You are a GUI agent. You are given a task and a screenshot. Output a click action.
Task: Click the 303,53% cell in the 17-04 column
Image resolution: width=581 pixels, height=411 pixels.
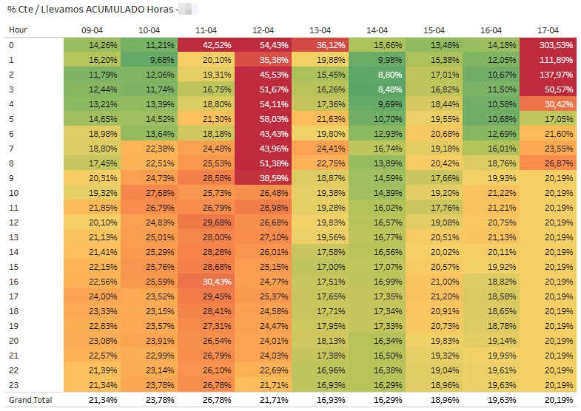pyautogui.click(x=548, y=45)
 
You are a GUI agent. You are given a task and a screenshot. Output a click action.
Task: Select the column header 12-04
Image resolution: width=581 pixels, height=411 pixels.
pyautogui.click(x=263, y=30)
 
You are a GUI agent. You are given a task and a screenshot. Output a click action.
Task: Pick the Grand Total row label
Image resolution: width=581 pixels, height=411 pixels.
pyautogui.click(x=30, y=399)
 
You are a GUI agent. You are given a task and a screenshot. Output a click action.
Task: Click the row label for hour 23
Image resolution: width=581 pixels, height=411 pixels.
pyautogui.click(x=13, y=385)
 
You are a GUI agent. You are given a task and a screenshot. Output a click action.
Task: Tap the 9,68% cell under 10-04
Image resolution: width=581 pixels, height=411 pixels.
pyautogui.click(x=149, y=60)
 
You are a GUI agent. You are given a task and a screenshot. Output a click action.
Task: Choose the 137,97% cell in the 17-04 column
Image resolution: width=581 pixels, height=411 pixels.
pyautogui.click(x=548, y=75)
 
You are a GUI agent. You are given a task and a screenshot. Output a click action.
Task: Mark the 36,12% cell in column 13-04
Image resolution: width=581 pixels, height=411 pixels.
pyautogui.click(x=320, y=45)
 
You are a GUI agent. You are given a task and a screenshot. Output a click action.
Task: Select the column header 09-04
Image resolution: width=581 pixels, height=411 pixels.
pyautogui.click(x=92, y=30)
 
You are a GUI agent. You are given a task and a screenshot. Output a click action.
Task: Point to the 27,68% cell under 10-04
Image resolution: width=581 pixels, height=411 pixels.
pyautogui.click(x=149, y=193)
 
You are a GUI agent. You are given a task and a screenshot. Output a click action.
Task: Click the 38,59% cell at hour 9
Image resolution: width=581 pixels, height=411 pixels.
pyautogui.click(x=263, y=178)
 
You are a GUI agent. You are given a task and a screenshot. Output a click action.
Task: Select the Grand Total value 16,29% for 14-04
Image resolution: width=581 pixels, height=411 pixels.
pyautogui.click(x=377, y=399)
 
